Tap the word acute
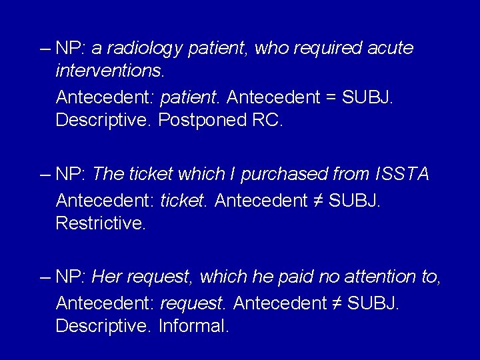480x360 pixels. pos(389,49)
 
